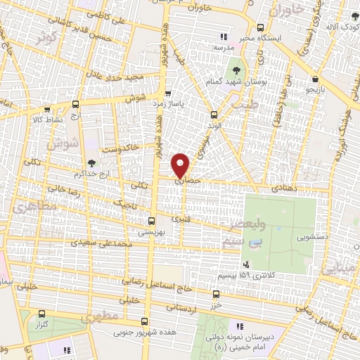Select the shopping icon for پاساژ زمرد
pyautogui.click(x=167, y=93)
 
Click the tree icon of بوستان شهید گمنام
pyautogui.click(x=236, y=72)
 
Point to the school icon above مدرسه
pyautogui.click(x=224, y=37)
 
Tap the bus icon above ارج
pyautogui.click(x=75, y=104)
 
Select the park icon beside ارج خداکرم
pyautogui.click(x=92, y=163)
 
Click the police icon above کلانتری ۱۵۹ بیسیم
pyautogui.click(x=246, y=264)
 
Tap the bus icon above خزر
pyautogui.click(x=214, y=297)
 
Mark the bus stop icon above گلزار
pyautogui.click(x=41, y=314)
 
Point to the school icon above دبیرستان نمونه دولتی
pyautogui.click(x=239, y=326)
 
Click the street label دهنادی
pyautogui.click(x=288, y=189)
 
